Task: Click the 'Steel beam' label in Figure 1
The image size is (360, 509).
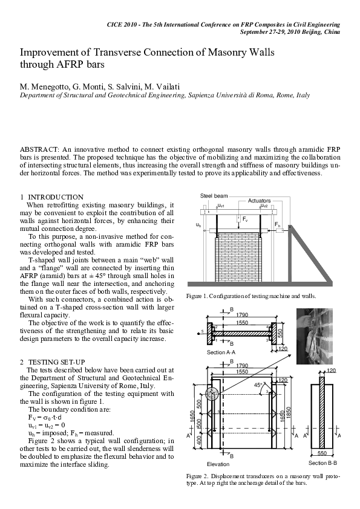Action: (214, 196)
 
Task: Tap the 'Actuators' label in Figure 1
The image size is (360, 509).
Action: (259, 201)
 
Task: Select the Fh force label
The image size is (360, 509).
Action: (277, 224)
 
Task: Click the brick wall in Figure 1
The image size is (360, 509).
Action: (238, 256)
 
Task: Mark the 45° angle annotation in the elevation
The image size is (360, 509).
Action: (258, 385)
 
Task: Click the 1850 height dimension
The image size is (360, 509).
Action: (288, 411)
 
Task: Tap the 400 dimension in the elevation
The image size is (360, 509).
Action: (199, 440)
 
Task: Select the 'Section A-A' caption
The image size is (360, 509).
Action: (221, 352)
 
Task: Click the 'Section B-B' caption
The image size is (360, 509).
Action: (322, 463)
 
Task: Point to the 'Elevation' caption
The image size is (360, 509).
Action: (218, 464)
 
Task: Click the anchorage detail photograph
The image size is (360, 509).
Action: (313, 336)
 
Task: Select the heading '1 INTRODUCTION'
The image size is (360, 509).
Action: (51, 197)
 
